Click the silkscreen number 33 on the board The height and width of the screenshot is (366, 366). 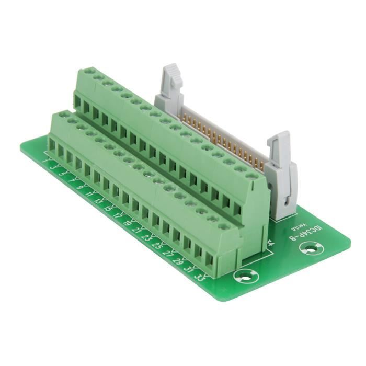(199, 276)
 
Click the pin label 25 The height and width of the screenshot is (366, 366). (156, 245)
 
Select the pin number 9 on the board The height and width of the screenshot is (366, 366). (79, 187)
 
